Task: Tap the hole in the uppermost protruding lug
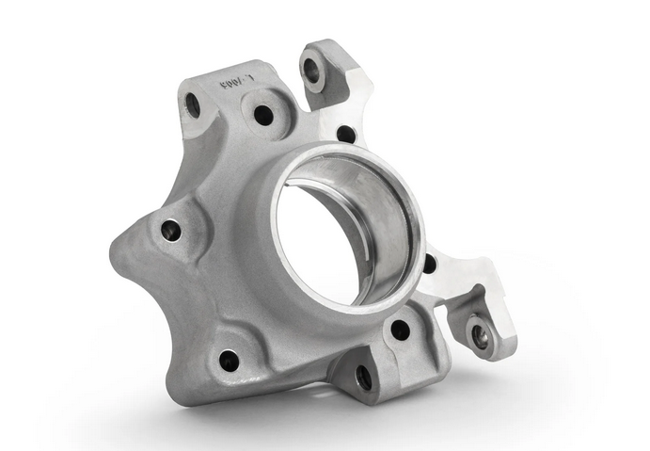[311, 70]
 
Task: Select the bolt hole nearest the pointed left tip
[170, 229]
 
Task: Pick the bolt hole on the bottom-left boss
[229, 359]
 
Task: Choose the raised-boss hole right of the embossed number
[263, 115]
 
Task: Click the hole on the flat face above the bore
[346, 134]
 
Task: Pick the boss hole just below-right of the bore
[400, 329]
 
